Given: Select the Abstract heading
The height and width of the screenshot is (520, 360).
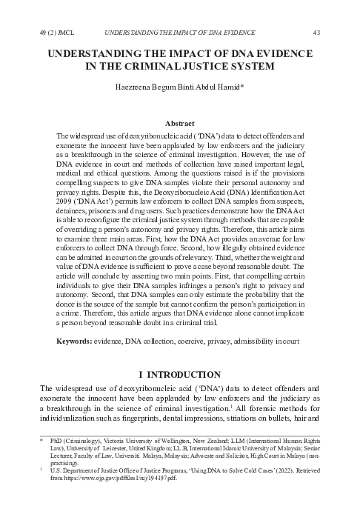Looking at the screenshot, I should pyautogui.click(x=180, y=123).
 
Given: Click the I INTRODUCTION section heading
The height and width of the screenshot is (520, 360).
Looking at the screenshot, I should pyautogui.click(x=180, y=374).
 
